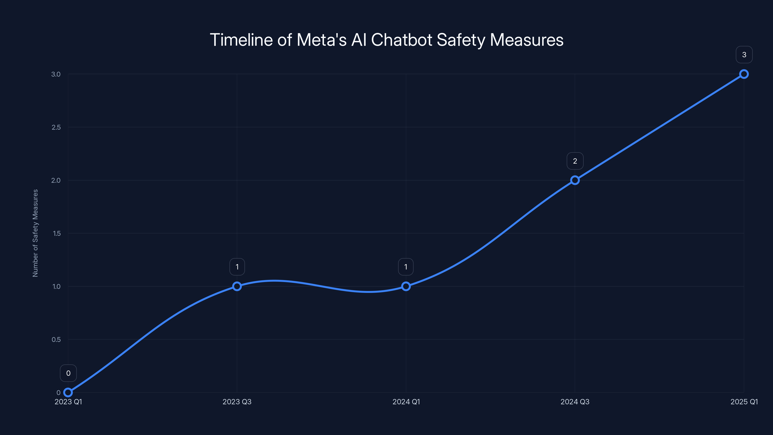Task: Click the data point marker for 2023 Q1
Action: click(68, 392)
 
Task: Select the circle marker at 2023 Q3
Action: click(237, 286)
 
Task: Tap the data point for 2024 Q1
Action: click(406, 286)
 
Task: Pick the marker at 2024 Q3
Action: click(575, 180)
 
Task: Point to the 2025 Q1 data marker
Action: click(744, 74)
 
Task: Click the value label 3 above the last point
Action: click(744, 55)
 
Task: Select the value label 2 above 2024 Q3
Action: click(575, 161)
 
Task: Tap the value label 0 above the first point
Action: click(68, 373)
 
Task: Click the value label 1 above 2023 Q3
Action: click(237, 267)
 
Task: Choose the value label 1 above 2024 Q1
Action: click(406, 267)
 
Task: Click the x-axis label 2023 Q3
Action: click(237, 402)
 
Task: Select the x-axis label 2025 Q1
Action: click(744, 402)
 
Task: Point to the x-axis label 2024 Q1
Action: click(406, 402)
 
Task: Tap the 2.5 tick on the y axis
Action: click(56, 127)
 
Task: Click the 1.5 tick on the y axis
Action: click(57, 233)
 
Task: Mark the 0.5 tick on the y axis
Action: click(56, 340)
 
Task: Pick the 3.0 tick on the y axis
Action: click(56, 74)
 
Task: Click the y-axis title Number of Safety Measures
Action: click(36, 233)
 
